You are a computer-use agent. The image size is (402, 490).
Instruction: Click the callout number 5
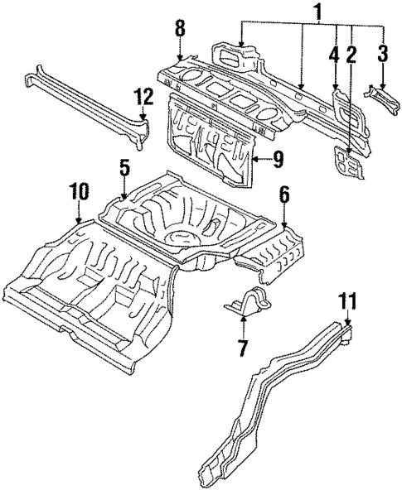124,167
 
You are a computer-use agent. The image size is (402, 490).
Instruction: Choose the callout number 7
242,348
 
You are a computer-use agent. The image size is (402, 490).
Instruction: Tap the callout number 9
278,156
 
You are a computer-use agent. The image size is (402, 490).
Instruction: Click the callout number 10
78,192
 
